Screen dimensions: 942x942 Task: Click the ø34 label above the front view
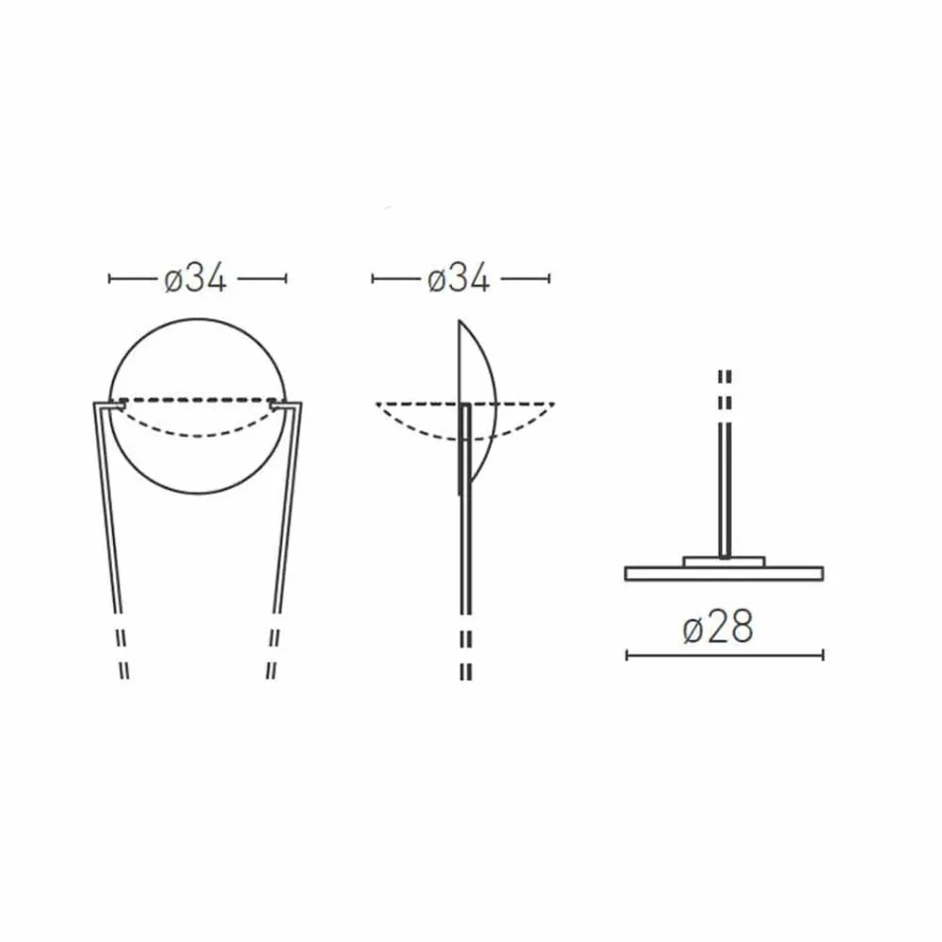(x=195, y=280)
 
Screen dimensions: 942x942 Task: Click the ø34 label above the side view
(x=459, y=280)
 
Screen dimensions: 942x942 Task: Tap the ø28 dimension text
(x=718, y=628)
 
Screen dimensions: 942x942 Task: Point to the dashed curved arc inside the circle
(x=198, y=433)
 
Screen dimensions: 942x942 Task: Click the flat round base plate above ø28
(x=724, y=573)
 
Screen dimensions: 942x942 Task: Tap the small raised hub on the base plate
(x=725, y=561)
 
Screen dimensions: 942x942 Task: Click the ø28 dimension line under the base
(x=724, y=654)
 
